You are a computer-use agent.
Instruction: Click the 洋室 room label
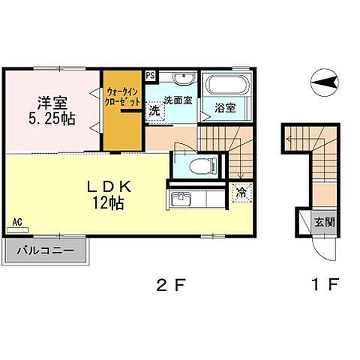pyautogui.click(x=52, y=103)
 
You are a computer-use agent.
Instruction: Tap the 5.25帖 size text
pyautogui.click(x=52, y=118)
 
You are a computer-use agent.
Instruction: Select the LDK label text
pyautogui.click(x=109, y=187)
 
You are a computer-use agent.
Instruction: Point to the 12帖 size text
pyautogui.click(x=108, y=202)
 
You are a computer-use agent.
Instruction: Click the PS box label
pyautogui.click(x=150, y=75)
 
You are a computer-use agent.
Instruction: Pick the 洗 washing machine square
pyautogui.click(x=154, y=111)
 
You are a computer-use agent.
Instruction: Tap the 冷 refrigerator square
pyautogui.click(x=241, y=193)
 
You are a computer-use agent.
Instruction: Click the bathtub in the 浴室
pyautogui.click(x=227, y=84)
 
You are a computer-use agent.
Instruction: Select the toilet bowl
pyautogui.click(x=202, y=166)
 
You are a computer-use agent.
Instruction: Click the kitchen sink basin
pyautogui.click(x=181, y=199)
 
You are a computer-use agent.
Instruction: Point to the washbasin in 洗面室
pyautogui.click(x=184, y=77)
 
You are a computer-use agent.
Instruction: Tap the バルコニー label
pyautogui.click(x=46, y=250)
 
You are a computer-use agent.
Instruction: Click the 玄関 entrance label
pyautogui.click(x=324, y=222)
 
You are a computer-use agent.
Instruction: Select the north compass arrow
pyautogui.click(x=324, y=82)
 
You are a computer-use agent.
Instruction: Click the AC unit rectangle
pyautogui.click(x=17, y=230)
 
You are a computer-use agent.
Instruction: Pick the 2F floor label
pyautogui.click(x=172, y=285)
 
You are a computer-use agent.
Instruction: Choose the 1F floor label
pyautogui.click(x=325, y=284)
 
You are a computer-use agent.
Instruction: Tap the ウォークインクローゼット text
pyautogui.click(x=122, y=97)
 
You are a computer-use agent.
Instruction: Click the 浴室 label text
pyautogui.click(x=225, y=108)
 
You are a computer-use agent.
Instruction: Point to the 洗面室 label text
pyautogui.click(x=178, y=100)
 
